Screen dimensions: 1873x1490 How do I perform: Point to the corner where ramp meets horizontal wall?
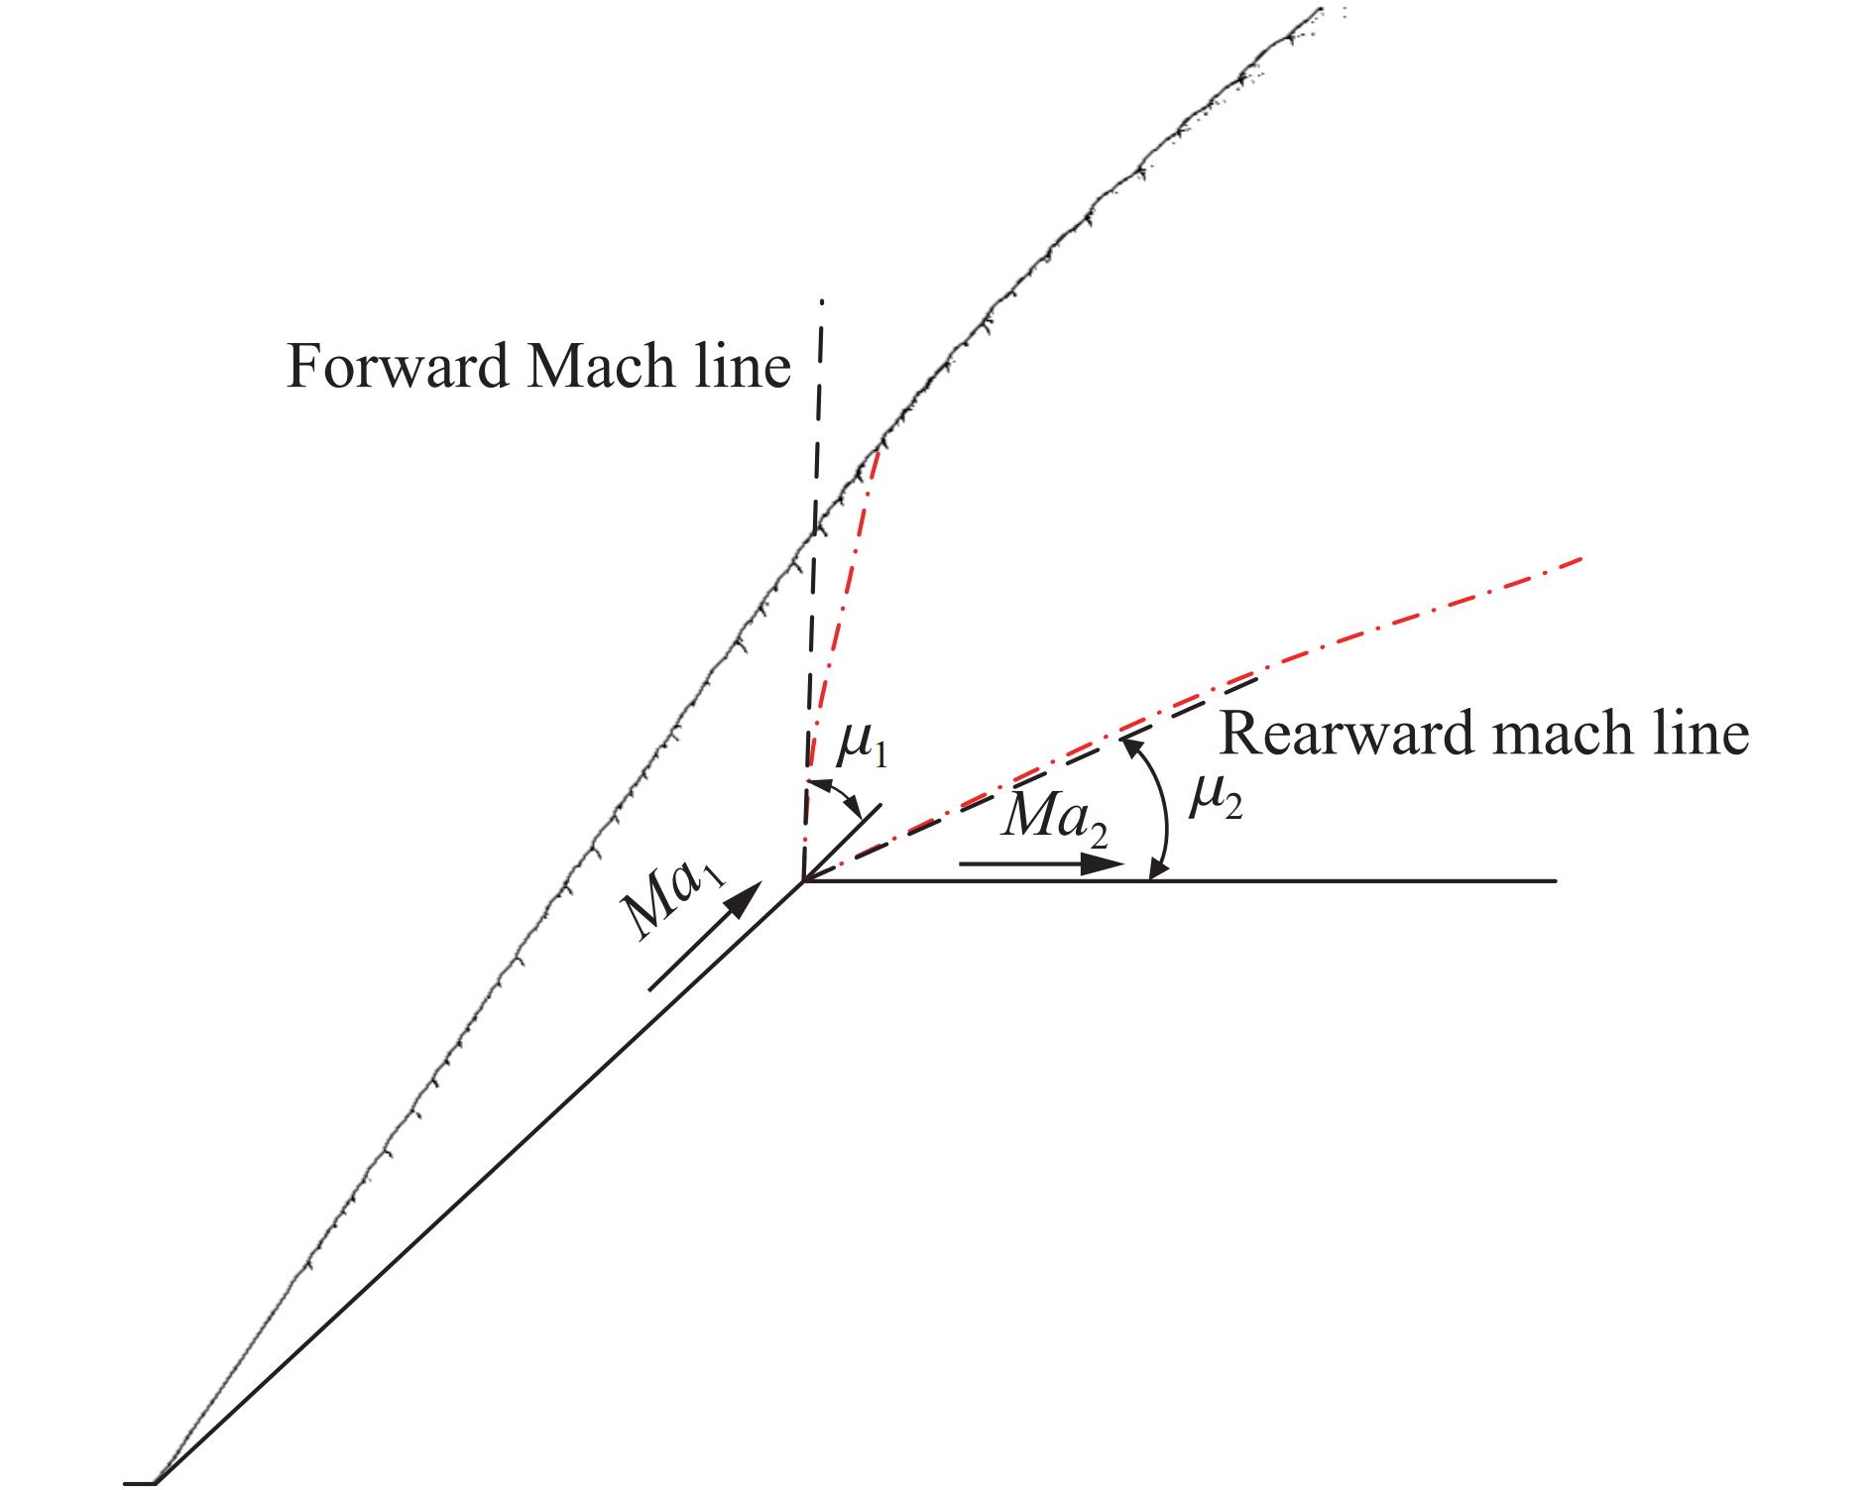click(803, 879)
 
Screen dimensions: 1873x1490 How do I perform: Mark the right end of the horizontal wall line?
click(1556, 879)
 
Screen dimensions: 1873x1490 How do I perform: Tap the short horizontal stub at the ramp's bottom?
click(140, 1483)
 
